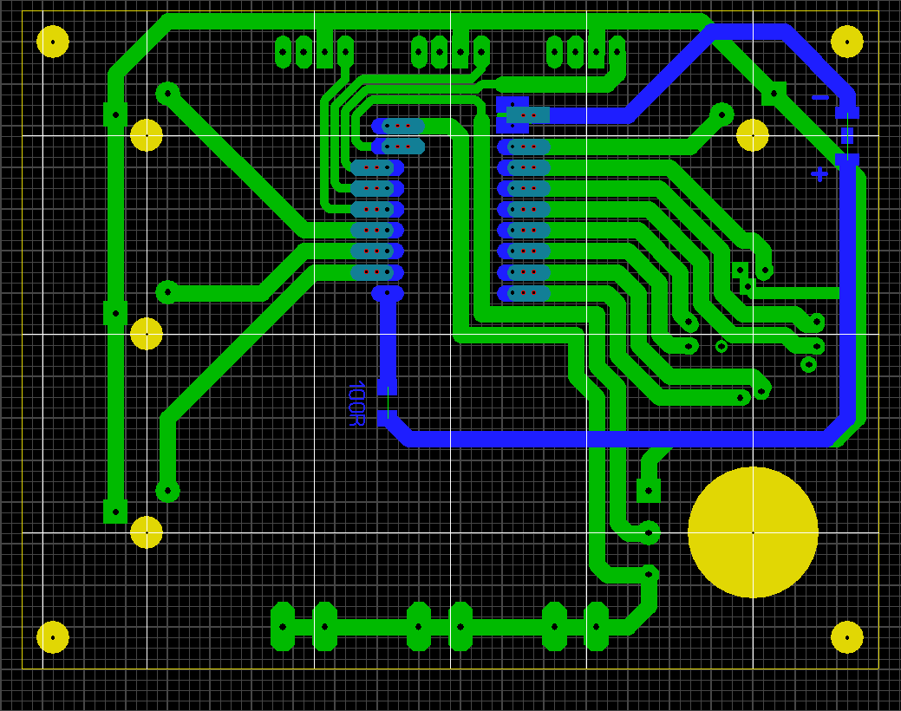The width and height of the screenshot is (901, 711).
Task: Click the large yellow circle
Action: click(x=753, y=532)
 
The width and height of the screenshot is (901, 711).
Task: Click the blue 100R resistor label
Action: click(x=356, y=403)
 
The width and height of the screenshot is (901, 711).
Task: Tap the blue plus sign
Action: click(x=819, y=173)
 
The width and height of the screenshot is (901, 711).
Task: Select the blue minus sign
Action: click(x=820, y=98)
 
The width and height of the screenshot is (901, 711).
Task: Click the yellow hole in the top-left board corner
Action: click(x=53, y=42)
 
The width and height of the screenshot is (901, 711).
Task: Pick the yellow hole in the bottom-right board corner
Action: click(x=847, y=636)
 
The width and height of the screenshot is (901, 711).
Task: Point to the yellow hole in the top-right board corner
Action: click(x=847, y=42)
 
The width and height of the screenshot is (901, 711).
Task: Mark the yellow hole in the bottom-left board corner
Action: click(x=53, y=636)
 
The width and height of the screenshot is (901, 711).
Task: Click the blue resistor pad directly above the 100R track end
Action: click(x=388, y=387)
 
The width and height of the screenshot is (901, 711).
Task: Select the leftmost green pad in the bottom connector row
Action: click(x=283, y=627)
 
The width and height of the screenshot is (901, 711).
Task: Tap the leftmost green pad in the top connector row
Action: click(x=283, y=52)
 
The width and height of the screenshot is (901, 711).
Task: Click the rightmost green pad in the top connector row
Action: click(x=617, y=52)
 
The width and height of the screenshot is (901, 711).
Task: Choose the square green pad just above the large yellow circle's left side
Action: click(x=649, y=490)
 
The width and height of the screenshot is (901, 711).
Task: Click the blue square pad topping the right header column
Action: click(x=512, y=105)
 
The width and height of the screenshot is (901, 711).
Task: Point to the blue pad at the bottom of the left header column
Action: click(x=388, y=293)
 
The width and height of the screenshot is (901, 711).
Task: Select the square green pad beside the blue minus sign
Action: click(x=774, y=94)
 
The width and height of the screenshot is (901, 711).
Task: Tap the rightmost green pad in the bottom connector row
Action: click(x=597, y=627)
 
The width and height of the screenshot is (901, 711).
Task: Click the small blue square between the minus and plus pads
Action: click(x=847, y=135)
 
